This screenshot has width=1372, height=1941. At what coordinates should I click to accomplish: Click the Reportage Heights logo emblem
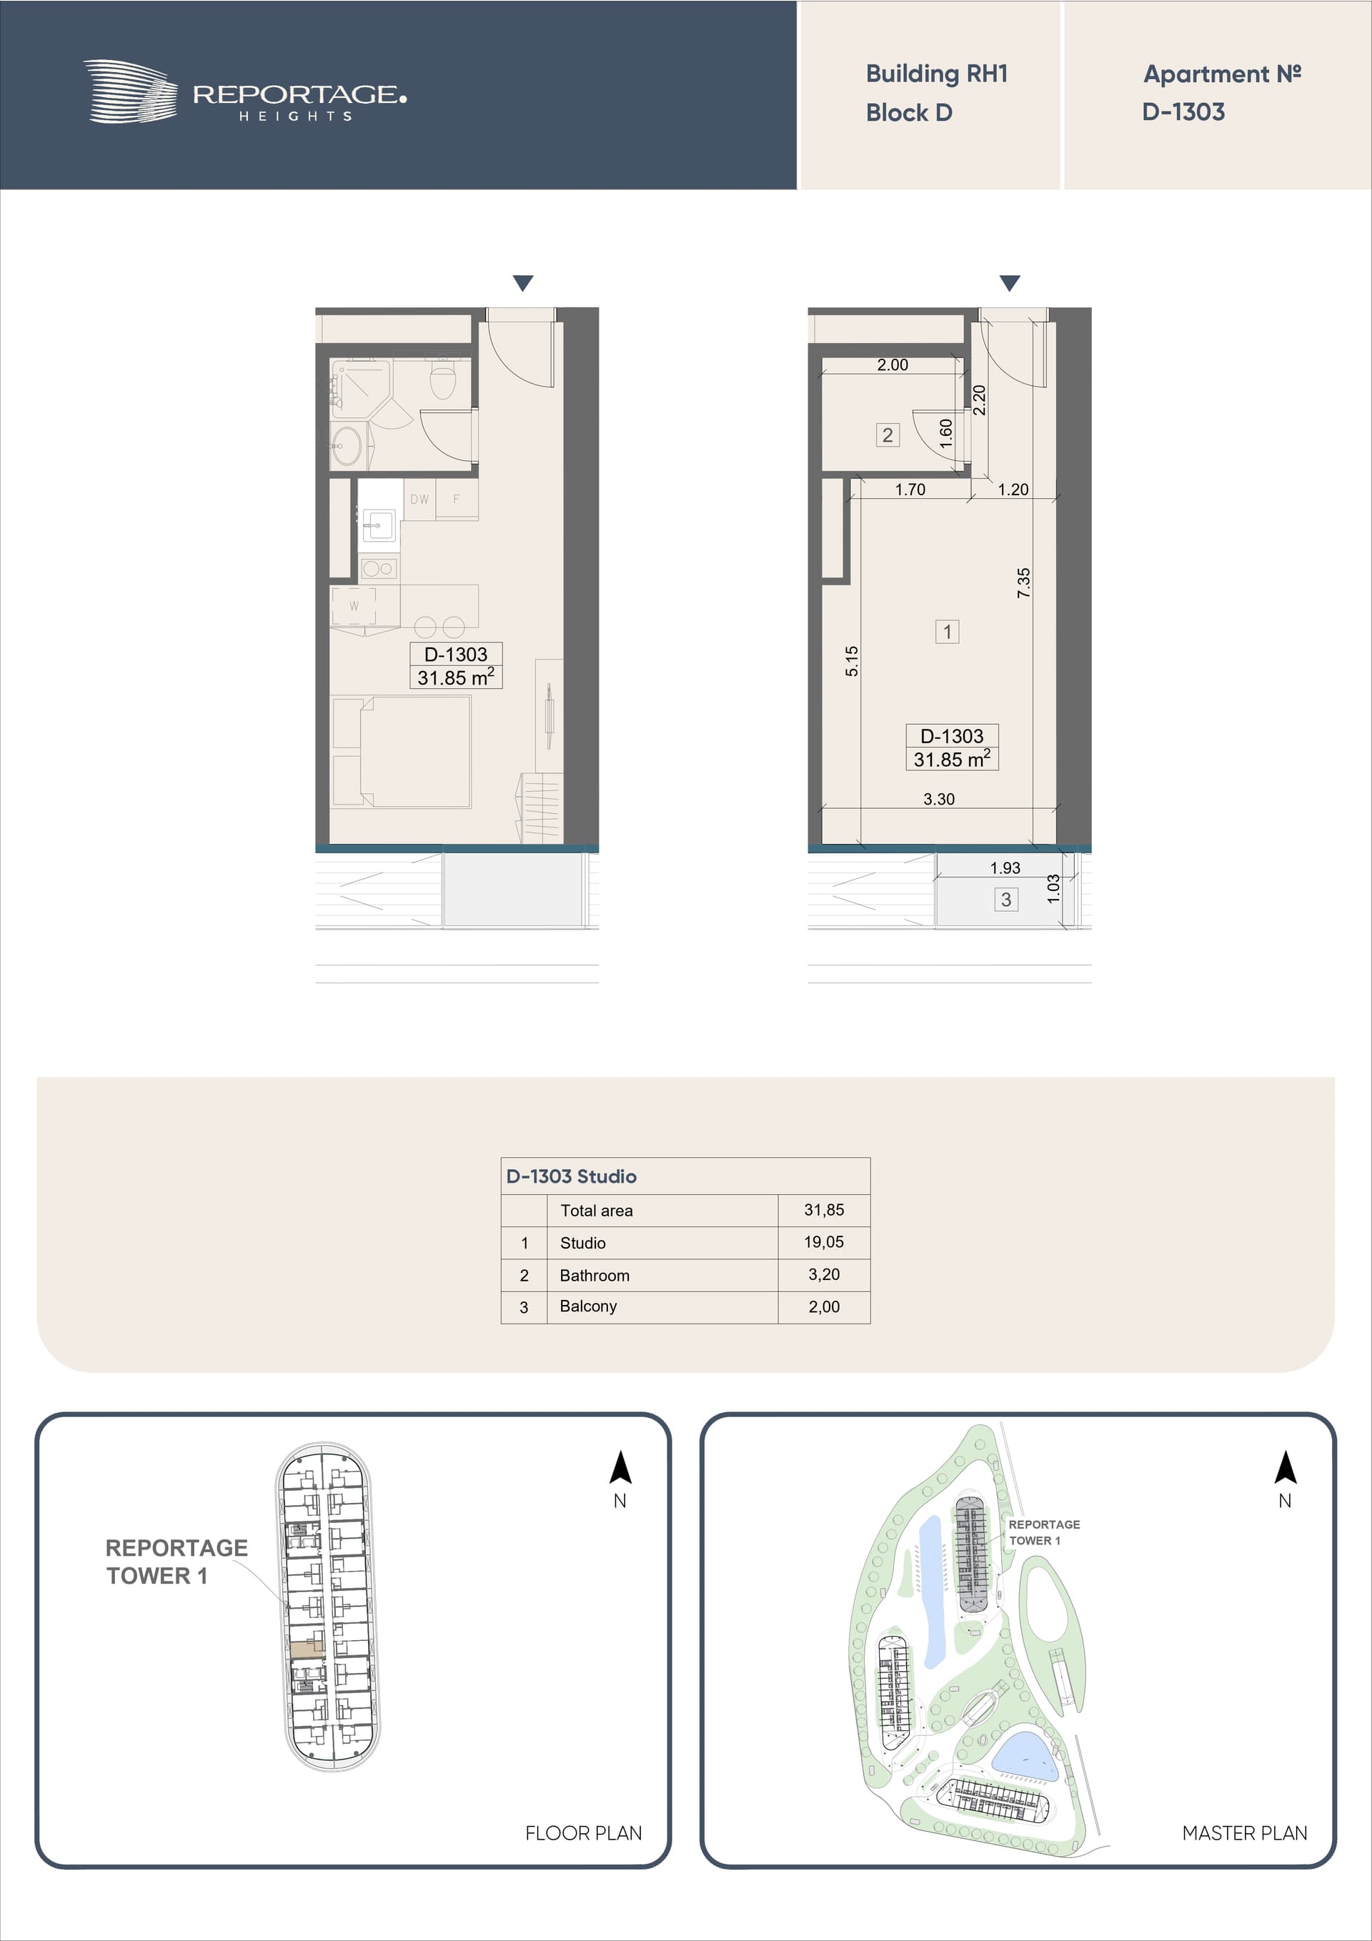point(130,91)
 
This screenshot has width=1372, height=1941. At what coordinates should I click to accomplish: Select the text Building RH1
point(937,74)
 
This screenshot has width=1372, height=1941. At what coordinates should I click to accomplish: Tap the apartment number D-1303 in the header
point(1183,111)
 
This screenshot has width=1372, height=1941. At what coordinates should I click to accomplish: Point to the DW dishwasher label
point(419,500)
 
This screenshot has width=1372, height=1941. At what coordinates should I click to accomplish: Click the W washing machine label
point(353,606)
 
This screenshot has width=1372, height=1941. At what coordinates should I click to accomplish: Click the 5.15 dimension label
point(851,661)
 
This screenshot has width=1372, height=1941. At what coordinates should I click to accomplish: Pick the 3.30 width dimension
point(938,799)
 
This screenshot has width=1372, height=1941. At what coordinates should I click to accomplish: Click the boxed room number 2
point(888,435)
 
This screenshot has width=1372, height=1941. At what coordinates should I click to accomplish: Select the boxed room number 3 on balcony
point(1006,900)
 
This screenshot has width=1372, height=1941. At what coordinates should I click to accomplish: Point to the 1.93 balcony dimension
point(1005,868)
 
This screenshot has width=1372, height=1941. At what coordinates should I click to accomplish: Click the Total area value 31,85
point(824,1211)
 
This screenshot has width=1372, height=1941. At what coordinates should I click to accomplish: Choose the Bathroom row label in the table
point(595,1276)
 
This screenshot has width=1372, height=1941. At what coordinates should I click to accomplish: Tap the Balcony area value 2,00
point(824,1307)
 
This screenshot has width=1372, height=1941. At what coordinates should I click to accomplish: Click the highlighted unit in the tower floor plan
point(307,1648)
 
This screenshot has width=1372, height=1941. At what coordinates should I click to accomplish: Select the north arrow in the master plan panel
point(1285,1468)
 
